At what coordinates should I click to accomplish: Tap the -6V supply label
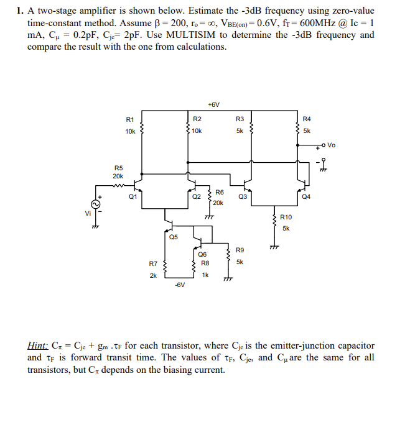coord(179,285)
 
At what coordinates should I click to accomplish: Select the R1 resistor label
coord(130,119)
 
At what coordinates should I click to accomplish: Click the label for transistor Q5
coord(172,237)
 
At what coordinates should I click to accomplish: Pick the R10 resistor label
coord(286,217)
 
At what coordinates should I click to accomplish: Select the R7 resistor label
coord(153,263)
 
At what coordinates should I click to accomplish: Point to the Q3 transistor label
coord(243,196)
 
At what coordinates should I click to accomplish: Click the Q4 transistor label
coord(305,196)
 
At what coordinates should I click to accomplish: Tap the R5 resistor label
coord(119,167)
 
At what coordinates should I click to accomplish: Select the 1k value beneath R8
coord(205,274)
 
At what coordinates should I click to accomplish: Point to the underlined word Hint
coord(38,346)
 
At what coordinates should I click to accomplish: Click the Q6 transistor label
coord(202,254)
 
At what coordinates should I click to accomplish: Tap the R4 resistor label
coord(306,119)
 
